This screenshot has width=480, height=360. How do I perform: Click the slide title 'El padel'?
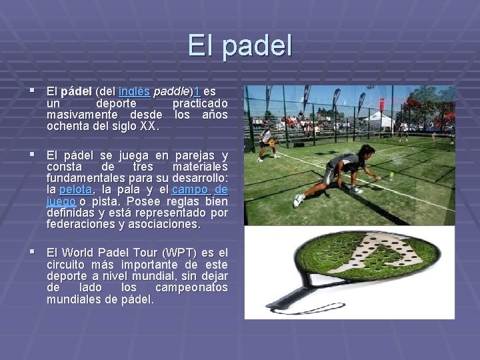click(240, 46)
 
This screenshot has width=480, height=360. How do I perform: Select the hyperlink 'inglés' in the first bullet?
click(133, 91)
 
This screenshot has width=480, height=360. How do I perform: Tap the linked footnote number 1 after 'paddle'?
click(197, 91)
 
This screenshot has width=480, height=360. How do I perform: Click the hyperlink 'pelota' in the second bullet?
click(75, 190)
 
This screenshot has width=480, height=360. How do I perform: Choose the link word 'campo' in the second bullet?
click(189, 190)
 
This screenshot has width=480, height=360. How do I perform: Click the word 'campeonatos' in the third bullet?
click(191, 287)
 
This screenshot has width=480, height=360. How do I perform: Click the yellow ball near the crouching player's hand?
click(392, 175)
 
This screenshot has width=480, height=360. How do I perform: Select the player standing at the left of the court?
click(267, 143)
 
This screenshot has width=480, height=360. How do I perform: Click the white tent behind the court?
click(378, 120)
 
